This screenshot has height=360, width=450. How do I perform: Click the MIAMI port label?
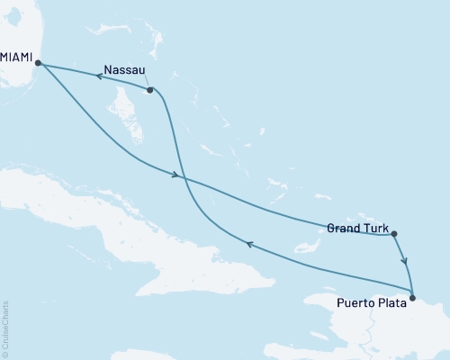(x=16, y=56)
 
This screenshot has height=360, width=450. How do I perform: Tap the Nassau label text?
(x=123, y=68)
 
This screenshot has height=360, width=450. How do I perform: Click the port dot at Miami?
(x=37, y=62)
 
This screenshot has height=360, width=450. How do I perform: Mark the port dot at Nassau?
(x=150, y=89)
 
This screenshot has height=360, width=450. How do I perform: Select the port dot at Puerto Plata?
(x=412, y=297)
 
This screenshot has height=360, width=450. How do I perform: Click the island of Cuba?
(x=135, y=225)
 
